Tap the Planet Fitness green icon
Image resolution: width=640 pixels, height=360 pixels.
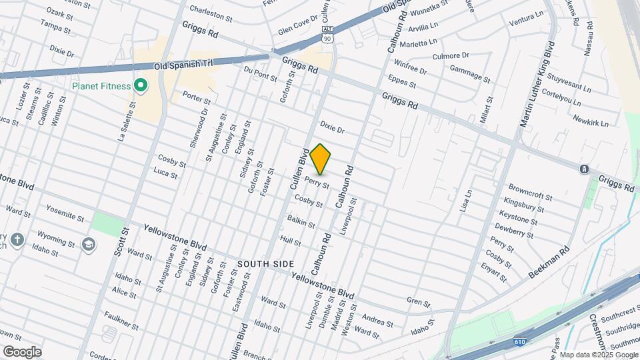coord(140,85)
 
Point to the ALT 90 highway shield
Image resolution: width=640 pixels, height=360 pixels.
coord(327,35)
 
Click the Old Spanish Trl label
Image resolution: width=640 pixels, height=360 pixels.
coord(182,65)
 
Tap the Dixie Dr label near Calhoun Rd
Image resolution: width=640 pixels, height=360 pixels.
coord(331,127)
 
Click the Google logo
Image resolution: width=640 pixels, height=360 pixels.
coord(22,351)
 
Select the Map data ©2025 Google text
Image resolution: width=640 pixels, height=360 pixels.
coord(598,355)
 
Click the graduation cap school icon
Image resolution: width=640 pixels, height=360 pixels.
coord(88,244)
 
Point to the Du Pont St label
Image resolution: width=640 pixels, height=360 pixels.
coord(260,73)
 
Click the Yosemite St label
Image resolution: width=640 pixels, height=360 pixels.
coord(65,213)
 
